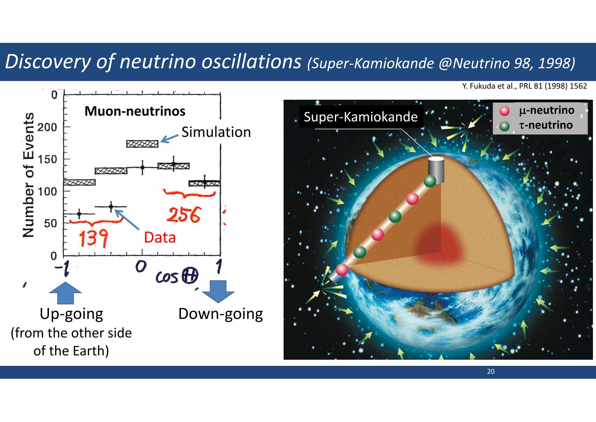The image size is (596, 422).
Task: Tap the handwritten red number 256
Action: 184,215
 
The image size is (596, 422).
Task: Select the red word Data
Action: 160,237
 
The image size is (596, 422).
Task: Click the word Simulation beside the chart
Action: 216,132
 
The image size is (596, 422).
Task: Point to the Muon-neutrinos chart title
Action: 135,111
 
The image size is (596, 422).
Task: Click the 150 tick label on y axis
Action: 47,159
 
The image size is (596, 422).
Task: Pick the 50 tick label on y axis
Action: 50,223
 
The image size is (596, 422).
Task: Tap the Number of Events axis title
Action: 29,175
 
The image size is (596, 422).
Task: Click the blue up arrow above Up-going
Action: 65,293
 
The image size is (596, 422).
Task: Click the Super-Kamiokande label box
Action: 361,117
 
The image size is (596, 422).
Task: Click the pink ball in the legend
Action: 505,111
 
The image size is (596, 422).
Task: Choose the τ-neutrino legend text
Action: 546,125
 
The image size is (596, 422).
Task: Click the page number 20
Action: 491,372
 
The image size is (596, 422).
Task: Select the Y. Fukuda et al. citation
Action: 525,86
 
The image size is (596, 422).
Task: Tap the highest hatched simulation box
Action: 142,144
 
